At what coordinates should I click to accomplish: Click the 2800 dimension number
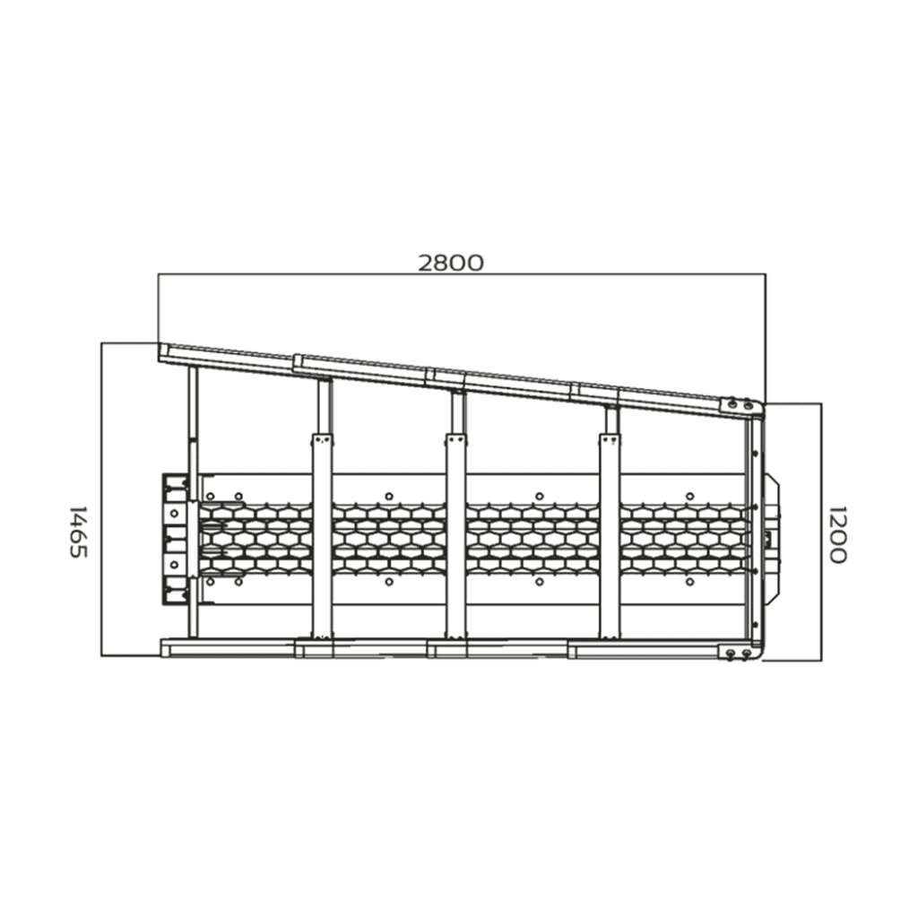tap(451, 264)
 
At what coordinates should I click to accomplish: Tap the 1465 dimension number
tap(79, 532)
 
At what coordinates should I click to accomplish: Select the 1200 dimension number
tap(837, 534)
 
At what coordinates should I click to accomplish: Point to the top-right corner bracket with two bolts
tap(740, 406)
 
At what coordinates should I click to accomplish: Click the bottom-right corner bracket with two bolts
tap(739, 653)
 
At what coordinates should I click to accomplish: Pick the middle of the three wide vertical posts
tap(456, 536)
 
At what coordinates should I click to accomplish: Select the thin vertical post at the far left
tap(194, 502)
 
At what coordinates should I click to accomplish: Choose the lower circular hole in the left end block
tap(174, 565)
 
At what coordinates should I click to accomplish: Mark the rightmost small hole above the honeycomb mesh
tap(689, 497)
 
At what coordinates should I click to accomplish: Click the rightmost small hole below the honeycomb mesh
tap(689, 582)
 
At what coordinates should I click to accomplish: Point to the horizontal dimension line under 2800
tap(462, 274)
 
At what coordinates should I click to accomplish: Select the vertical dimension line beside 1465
tap(101, 498)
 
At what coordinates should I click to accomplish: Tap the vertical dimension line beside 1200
tap(821, 532)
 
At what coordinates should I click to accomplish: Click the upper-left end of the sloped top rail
tap(160, 343)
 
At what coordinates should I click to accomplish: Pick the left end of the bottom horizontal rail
tap(161, 648)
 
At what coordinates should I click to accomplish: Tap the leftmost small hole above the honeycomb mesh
tap(211, 497)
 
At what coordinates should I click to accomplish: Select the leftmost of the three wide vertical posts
tap(322, 536)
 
